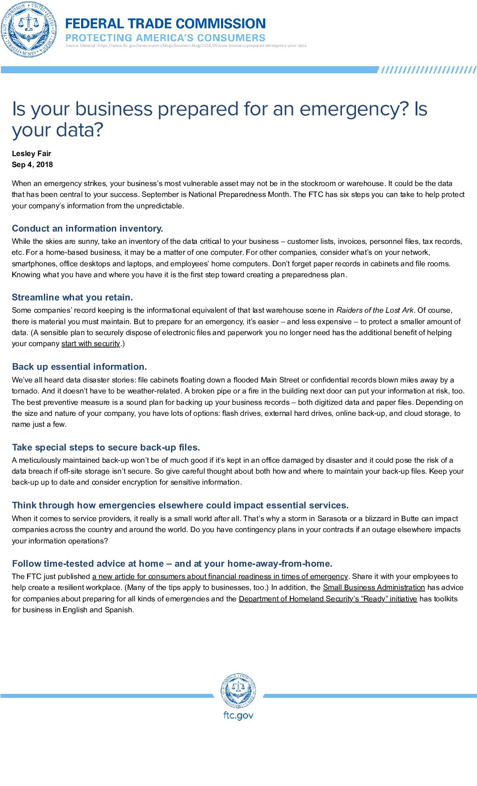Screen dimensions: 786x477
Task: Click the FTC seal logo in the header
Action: click(29, 29)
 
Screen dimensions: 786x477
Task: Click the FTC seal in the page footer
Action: click(238, 691)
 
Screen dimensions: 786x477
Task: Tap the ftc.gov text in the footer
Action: click(238, 715)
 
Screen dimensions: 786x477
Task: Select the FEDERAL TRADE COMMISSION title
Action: click(165, 23)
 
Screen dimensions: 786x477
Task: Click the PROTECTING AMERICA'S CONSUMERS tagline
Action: click(165, 38)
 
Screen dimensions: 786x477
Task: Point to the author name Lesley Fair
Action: click(32, 154)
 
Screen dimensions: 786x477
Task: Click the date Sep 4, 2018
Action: click(32, 164)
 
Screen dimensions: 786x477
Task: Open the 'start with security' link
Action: click(91, 344)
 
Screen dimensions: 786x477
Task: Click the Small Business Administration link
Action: click(374, 588)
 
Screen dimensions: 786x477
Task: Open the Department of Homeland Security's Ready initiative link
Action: click(328, 599)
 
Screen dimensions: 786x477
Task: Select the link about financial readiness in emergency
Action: click(220, 576)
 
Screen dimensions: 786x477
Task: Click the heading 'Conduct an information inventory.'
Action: click(88, 229)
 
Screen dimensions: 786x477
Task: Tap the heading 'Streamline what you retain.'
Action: click(72, 297)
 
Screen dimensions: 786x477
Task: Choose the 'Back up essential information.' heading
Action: click(79, 367)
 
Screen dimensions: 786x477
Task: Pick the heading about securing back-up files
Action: click(106, 447)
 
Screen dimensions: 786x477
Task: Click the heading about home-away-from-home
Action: click(172, 564)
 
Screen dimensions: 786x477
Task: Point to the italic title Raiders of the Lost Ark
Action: click(375, 310)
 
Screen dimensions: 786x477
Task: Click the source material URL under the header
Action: click(186, 46)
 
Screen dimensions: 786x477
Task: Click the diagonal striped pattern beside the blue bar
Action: click(427, 70)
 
